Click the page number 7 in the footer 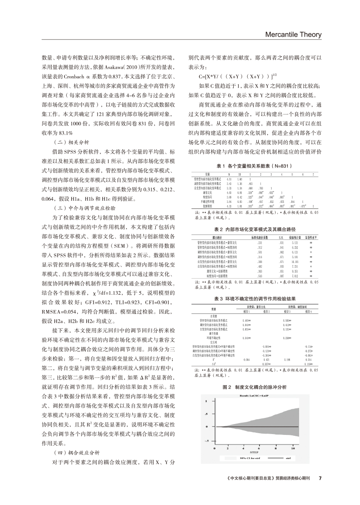click(x=320, y=477)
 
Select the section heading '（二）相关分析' click(x=71, y=142)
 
